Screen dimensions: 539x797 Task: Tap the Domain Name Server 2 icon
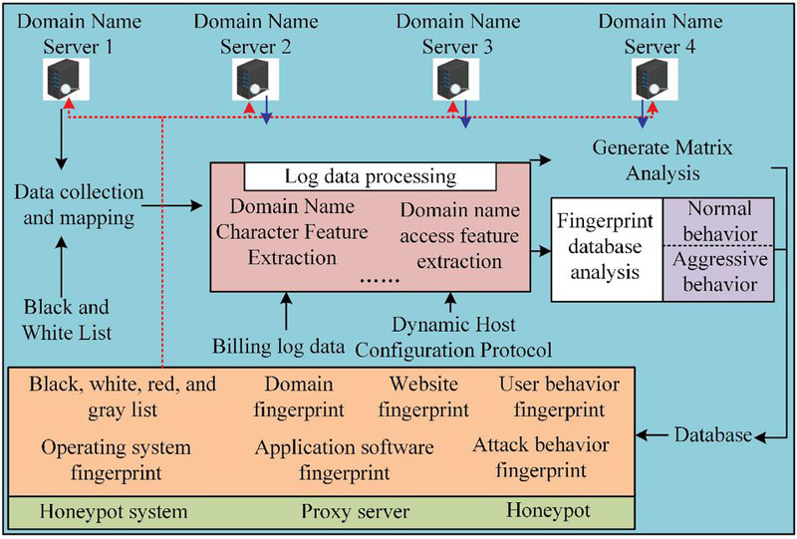coord(254,78)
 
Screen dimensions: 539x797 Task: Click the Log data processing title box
coord(371,177)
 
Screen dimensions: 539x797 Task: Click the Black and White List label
coord(68,319)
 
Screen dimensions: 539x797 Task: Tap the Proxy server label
coord(344,511)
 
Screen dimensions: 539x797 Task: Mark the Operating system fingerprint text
coord(101,456)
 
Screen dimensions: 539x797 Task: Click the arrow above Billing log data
coord(285,314)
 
